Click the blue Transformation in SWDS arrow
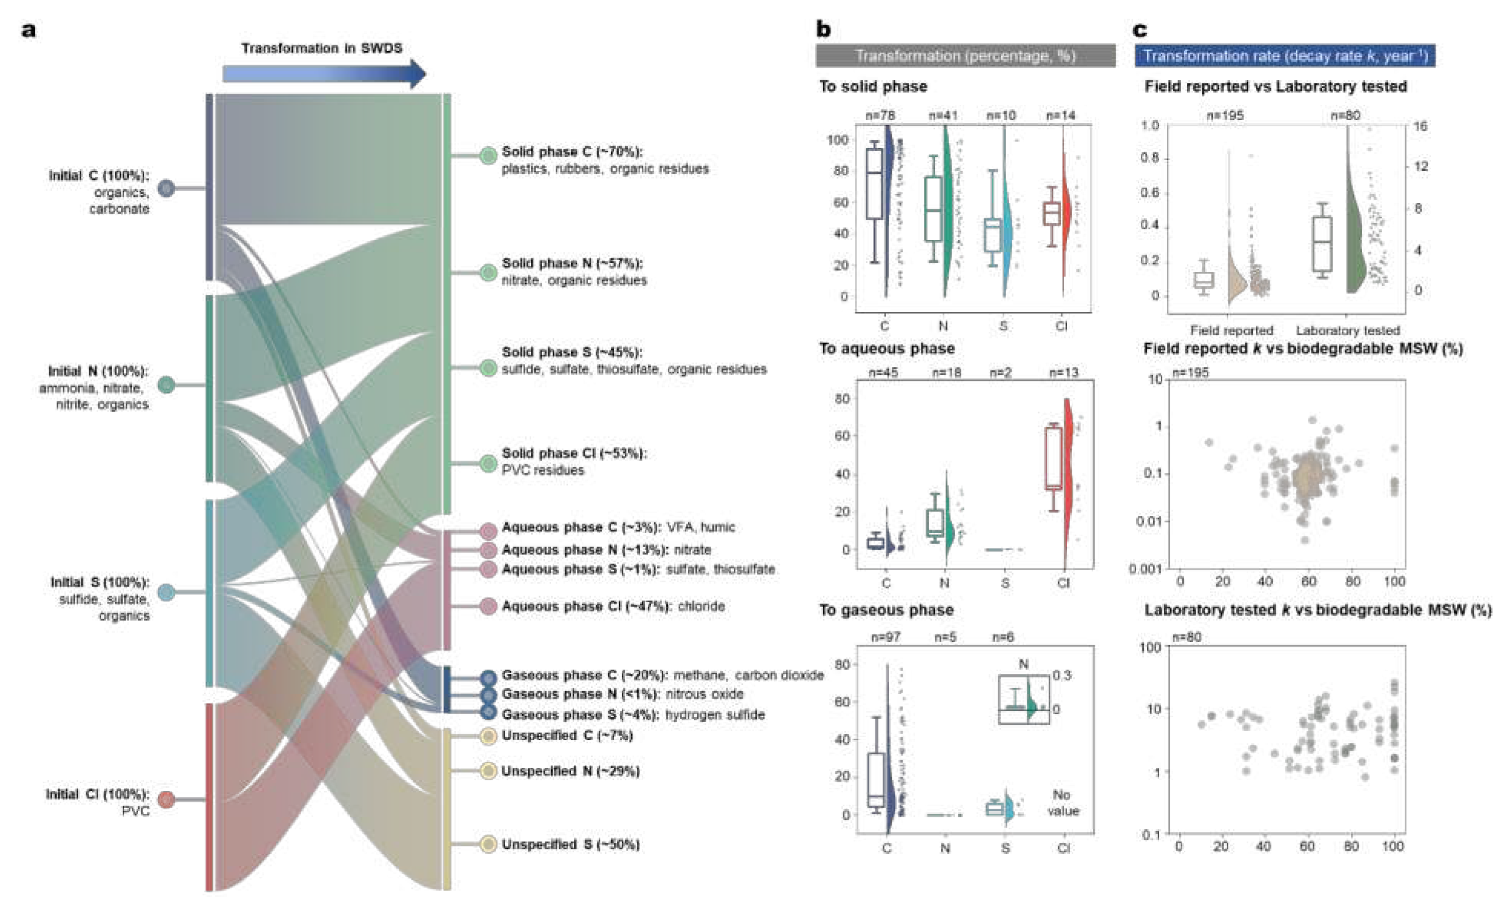pyautogui.click(x=324, y=74)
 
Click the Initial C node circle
pyautogui.click(x=166, y=188)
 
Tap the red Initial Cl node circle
pyautogui.click(x=166, y=800)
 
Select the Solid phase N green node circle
pyautogui.click(x=488, y=272)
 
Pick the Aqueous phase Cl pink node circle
pyautogui.click(x=488, y=606)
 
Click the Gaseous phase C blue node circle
pyautogui.click(x=488, y=677)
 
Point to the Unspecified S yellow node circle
pyautogui.click(x=488, y=844)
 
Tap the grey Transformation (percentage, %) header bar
pyautogui.click(x=965, y=56)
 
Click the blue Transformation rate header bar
pyautogui.click(x=1284, y=56)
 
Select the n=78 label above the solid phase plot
pyautogui.click(x=880, y=115)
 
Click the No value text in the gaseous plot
pyautogui.click(x=1063, y=803)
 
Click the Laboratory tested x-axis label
pyautogui.click(x=1347, y=330)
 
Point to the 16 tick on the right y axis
pyautogui.click(x=1421, y=126)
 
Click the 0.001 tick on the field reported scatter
pyautogui.click(x=1145, y=569)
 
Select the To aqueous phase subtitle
pyautogui.click(x=887, y=349)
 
